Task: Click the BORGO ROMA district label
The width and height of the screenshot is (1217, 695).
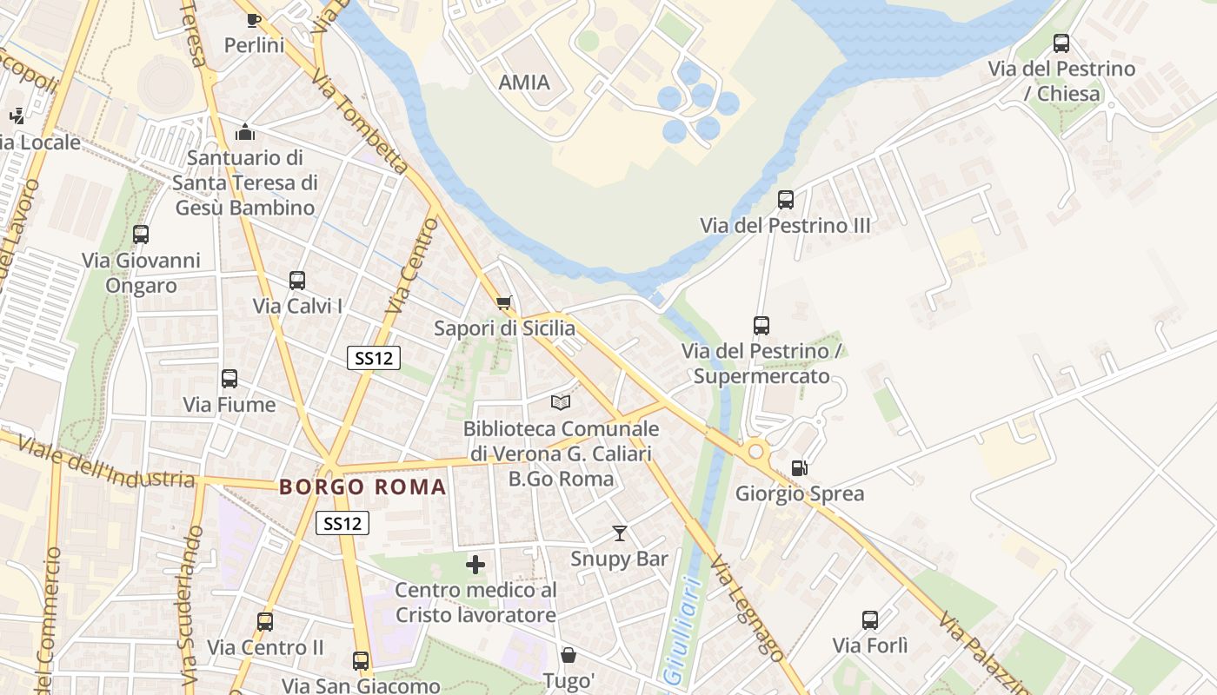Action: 362,486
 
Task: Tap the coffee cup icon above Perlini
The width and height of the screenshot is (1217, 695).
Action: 254,19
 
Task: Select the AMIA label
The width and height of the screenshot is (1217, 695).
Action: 524,83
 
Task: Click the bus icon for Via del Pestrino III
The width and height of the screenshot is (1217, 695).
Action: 786,200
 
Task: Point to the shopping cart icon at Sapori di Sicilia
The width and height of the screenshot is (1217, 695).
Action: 503,303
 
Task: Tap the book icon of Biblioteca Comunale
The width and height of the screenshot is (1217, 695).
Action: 561,402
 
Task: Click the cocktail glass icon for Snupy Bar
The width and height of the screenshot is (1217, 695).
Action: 620,533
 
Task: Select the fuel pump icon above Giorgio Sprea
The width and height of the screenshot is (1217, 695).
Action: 799,468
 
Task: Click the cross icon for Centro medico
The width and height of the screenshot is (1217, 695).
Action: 475,565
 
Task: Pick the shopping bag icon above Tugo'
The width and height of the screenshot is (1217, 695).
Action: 569,654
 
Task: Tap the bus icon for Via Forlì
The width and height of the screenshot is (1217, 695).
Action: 870,620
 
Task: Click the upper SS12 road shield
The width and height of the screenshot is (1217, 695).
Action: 374,358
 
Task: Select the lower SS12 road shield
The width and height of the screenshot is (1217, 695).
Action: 342,523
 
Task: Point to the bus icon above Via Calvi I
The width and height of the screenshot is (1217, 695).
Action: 297,281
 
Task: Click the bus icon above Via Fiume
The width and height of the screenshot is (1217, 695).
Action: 229,379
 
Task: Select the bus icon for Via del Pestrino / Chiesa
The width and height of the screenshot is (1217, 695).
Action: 1061,43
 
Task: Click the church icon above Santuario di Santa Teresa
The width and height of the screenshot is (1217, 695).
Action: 245,132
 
